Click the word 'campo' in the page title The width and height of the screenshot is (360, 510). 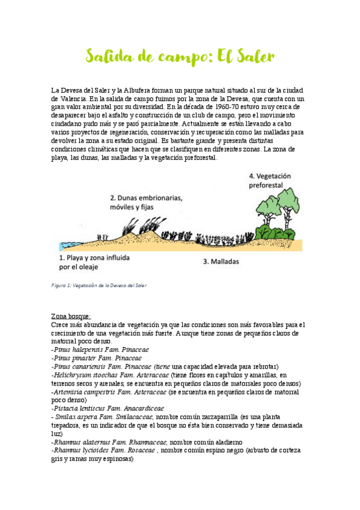pyautogui.click(x=175, y=57)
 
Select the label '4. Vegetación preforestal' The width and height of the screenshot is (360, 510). pyautogui.click(x=270, y=180)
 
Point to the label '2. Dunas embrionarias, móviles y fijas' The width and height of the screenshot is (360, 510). pyautogui.click(x=146, y=202)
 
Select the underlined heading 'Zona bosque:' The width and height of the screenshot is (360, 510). pyautogui.click(x=71, y=316)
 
